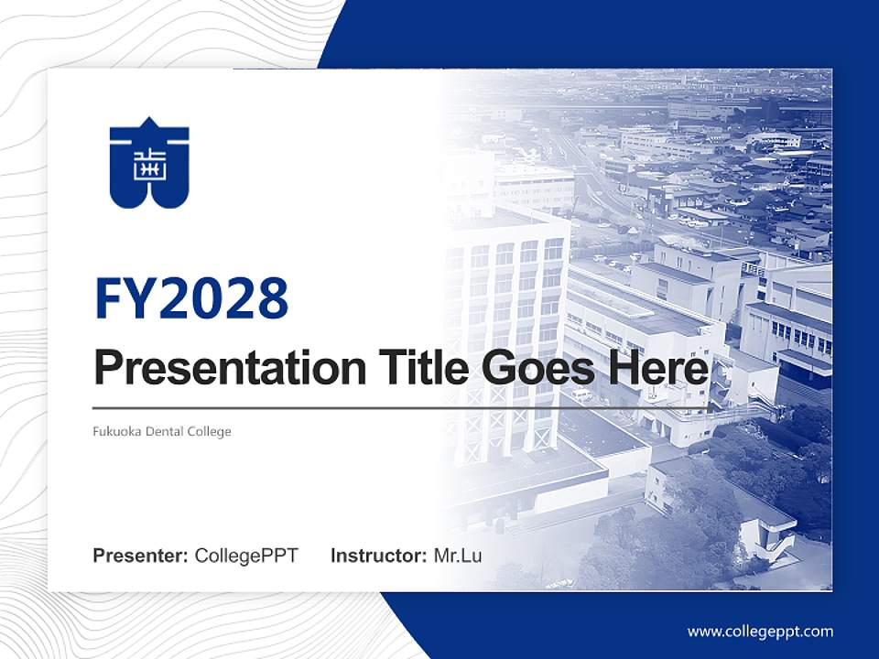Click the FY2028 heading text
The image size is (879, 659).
191,297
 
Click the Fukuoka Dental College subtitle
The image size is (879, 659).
162,431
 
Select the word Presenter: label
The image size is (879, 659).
141,556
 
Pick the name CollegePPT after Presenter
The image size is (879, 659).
246,556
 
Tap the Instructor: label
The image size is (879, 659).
379,556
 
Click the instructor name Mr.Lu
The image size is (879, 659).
458,556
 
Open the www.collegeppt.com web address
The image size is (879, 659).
760,631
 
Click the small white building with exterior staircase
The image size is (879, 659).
760,531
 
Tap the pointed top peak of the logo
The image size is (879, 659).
149,123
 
